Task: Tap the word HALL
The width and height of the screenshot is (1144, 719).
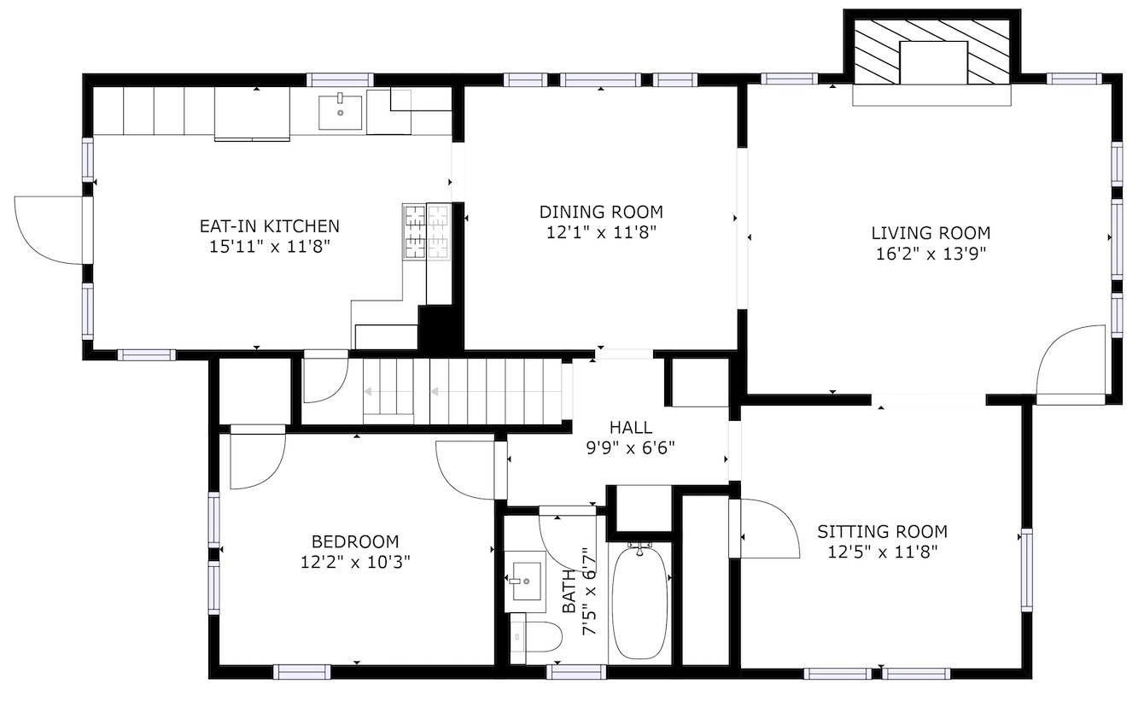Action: [631, 428]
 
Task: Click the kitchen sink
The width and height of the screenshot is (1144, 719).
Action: [340, 113]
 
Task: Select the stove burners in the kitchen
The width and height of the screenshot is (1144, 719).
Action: [427, 231]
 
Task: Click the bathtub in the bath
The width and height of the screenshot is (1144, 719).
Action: [640, 603]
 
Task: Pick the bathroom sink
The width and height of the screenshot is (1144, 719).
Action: [526, 582]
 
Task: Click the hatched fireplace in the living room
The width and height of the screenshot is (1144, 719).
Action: [932, 51]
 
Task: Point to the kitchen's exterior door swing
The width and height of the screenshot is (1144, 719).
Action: [49, 231]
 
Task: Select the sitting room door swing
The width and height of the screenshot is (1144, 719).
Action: [770, 529]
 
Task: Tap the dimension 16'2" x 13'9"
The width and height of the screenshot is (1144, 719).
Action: [931, 254]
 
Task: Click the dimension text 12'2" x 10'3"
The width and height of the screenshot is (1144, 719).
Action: [355, 562]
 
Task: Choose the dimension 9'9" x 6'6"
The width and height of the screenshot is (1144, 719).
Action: [631, 448]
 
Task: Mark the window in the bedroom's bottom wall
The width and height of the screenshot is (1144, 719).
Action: [302, 671]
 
